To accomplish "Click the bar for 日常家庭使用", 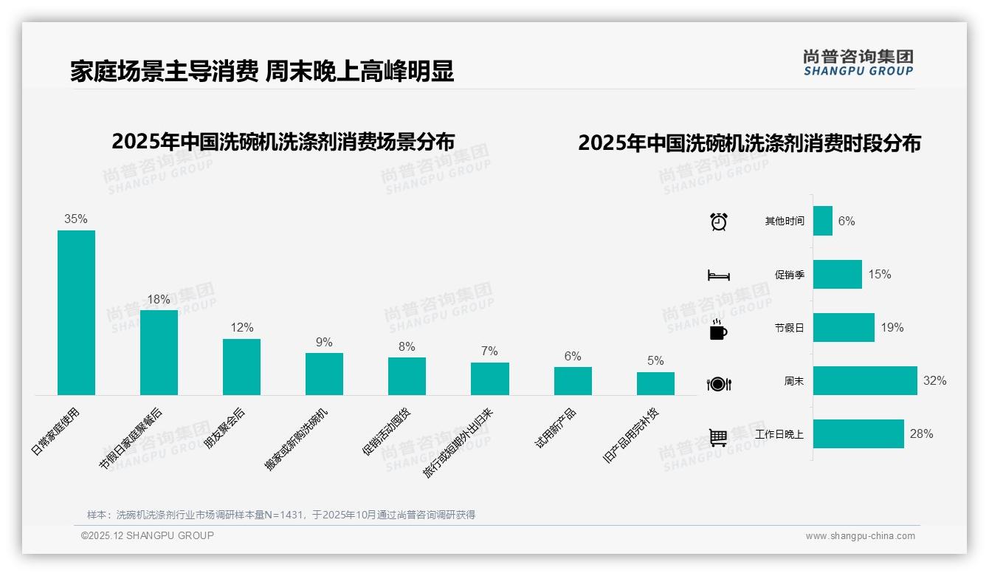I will pyautogui.click(x=76, y=312).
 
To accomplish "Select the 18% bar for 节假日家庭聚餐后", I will pyautogui.click(x=159, y=352).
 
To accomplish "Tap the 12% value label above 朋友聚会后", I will pyautogui.click(x=241, y=327).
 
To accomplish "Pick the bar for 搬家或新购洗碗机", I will pyautogui.click(x=324, y=374).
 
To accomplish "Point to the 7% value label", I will pyautogui.click(x=489, y=351).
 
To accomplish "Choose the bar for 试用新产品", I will pyautogui.click(x=573, y=381).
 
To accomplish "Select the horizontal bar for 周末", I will pyautogui.click(x=865, y=381).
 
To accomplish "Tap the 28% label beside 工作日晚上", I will pyautogui.click(x=921, y=434).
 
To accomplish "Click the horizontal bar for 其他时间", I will pyautogui.click(x=823, y=221).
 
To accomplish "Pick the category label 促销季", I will pyautogui.click(x=789, y=275).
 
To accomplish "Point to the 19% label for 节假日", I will pyautogui.click(x=892, y=327).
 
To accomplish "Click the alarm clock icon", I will pyautogui.click(x=718, y=222).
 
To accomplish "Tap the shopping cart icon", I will pyautogui.click(x=718, y=437).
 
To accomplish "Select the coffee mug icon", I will pyautogui.click(x=718, y=329).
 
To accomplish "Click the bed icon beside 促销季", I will pyautogui.click(x=718, y=275).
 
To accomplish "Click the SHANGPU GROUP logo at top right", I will pyautogui.click(x=858, y=63).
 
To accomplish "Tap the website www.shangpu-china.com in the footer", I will pyautogui.click(x=860, y=536).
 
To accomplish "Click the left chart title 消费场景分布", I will pyautogui.click(x=283, y=142).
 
